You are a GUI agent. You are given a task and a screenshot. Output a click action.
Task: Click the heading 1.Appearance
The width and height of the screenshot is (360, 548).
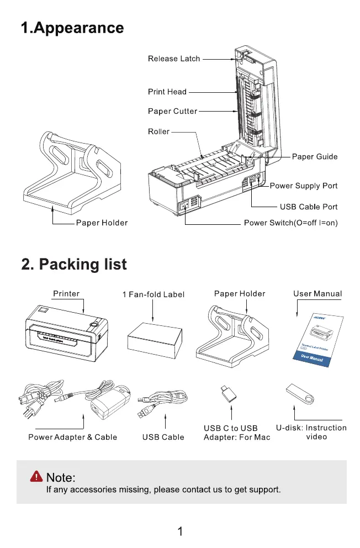point(72,28)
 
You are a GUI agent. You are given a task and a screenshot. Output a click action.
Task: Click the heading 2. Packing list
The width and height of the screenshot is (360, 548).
point(73,264)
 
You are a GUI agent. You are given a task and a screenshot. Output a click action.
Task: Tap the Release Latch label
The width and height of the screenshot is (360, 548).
point(174,58)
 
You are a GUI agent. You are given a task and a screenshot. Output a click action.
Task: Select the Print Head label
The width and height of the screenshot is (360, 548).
point(167,92)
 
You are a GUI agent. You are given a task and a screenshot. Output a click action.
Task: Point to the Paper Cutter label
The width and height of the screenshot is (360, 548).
point(172,111)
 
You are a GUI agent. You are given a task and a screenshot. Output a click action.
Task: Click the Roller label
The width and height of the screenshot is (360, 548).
point(158,131)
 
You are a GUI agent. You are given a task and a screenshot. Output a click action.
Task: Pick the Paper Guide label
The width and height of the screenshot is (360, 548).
point(315,157)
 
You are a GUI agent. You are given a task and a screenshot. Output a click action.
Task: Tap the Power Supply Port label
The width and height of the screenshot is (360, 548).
point(303,186)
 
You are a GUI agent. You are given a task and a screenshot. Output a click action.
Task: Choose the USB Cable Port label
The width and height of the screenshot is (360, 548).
point(308,207)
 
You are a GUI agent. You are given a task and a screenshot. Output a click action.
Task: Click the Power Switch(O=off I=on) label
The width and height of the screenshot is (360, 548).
point(290,223)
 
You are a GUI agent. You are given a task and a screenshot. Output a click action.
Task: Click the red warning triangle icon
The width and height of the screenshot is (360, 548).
point(37,476)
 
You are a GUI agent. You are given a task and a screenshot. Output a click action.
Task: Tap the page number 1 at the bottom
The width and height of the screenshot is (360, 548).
point(180,531)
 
